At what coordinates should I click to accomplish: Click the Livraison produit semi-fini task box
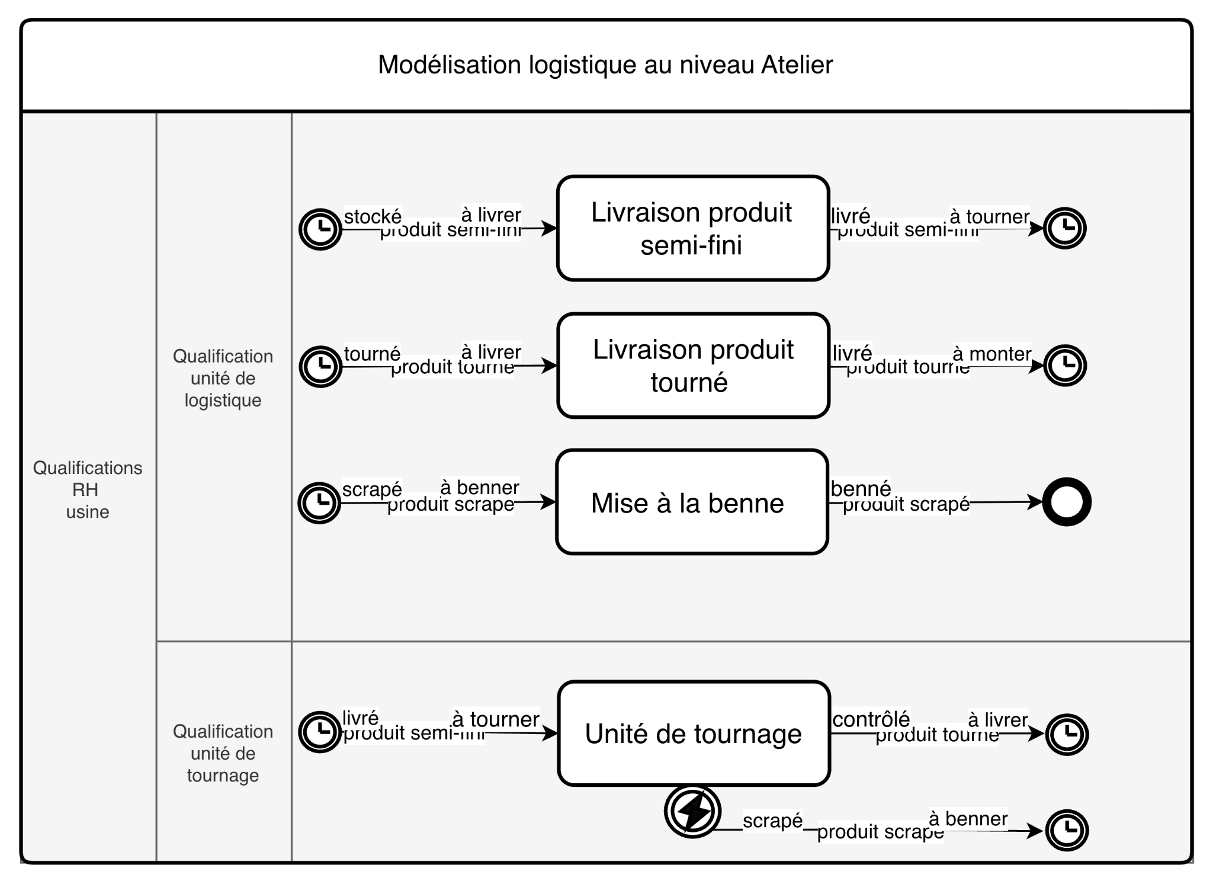(x=692, y=228)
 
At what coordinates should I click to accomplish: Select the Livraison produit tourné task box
(x=693, y=366)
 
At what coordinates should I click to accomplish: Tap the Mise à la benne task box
(x=692, y=502)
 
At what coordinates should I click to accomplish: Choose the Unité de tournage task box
(x=694, y=734)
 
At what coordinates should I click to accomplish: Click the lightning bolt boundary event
(x=692, y=811)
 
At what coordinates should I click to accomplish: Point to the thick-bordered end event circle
(x=1067, y=502)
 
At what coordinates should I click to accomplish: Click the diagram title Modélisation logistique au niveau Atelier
(x=605, y=65)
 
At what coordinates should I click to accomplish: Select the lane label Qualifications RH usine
(x=88, y=489)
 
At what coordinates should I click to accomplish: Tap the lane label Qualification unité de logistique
(x=223, y=378)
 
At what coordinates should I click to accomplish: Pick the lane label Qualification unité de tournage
(x=223, y=753)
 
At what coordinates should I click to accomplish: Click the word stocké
(x=373, y=216)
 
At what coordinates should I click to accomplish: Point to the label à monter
(x=991, y=354)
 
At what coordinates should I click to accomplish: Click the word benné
(x=861, y=488)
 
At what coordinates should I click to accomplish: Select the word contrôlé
(x=871, y=719)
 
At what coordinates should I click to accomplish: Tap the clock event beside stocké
(x=320, y=229)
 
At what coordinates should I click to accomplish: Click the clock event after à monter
(x=1065, y=366)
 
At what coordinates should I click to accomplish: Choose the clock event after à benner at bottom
(x=1067, y=830)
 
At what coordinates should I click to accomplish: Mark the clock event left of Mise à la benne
(x=319, y=502)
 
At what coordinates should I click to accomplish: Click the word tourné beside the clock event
(x=372, y=354)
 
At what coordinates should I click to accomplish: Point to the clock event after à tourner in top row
(x=1064, y=228)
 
